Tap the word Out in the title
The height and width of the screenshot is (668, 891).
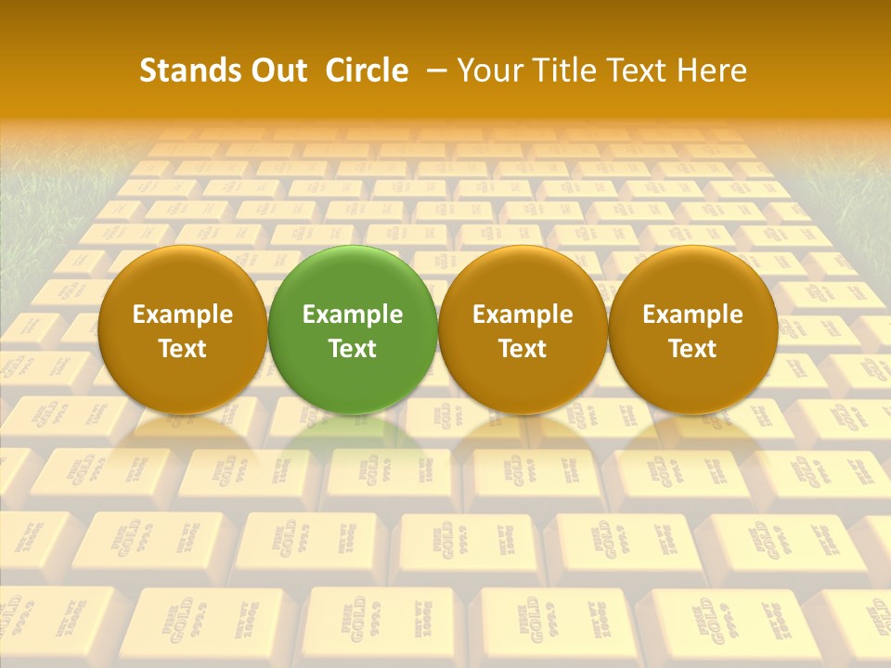point(277,71)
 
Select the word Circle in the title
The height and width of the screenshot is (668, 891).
point(367,71)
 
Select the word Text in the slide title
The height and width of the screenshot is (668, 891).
point(638,71)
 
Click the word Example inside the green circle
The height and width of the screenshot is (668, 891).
point(353,315)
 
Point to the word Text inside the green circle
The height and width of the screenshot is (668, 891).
point(353,349)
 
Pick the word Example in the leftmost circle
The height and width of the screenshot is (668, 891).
point(183,315)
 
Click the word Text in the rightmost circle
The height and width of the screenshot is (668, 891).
point(693,349)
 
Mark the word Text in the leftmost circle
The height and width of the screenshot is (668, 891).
point(183,349)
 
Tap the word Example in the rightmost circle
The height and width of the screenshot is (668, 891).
point(693,315)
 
